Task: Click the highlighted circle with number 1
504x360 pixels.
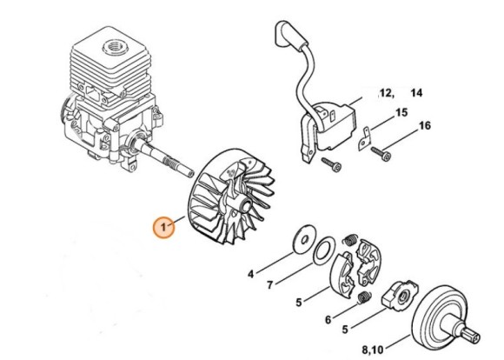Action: pos(162,228)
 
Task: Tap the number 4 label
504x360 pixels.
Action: pos(251,274)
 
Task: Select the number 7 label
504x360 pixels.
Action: pos(270,285)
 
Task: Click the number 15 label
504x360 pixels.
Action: pos(401,112)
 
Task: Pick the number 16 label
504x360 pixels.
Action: pos(424,126)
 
